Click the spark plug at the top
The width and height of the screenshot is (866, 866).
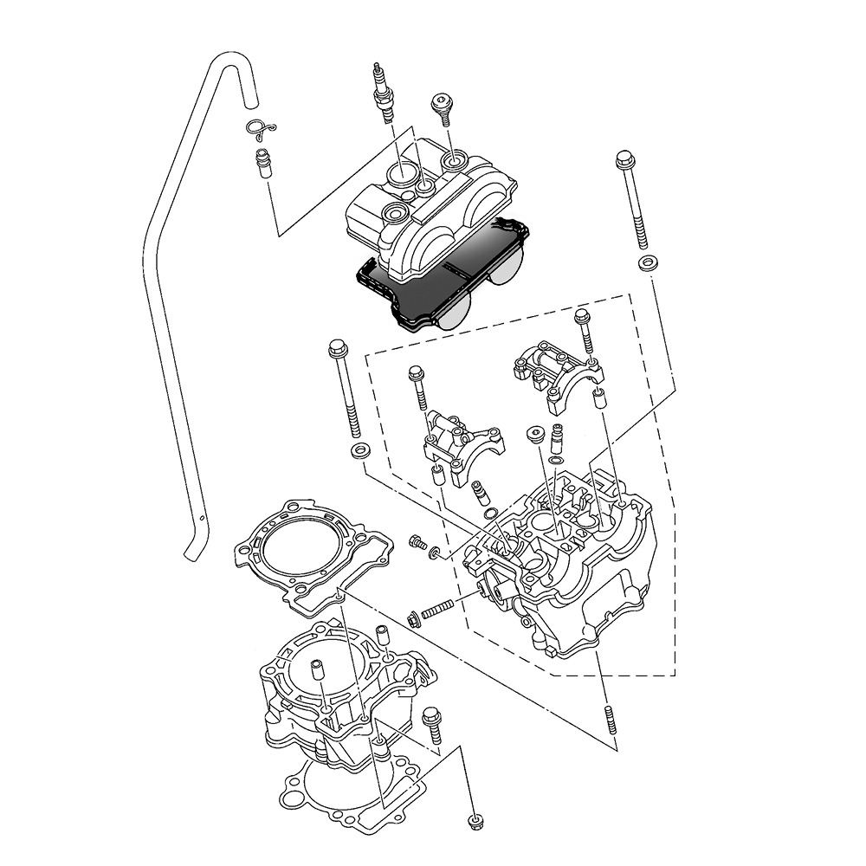tap(382, 90)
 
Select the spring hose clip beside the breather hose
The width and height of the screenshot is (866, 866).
tap(258, 129)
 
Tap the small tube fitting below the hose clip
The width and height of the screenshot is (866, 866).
tap(262, 163)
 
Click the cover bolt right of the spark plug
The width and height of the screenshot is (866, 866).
tap(442, 108)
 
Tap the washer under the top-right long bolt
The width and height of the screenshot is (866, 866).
tap(646, 262)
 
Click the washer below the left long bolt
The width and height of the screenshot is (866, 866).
tap(358, 450)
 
